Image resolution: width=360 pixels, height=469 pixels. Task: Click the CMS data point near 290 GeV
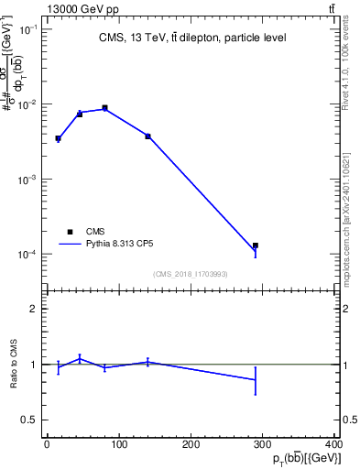tap(256, 245)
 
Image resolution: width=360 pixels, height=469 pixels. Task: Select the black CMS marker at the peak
tap(105, 108)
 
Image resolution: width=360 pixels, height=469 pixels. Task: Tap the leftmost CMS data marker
tap(58, 138)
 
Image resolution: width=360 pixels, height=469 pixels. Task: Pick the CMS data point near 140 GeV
tap(147, 136)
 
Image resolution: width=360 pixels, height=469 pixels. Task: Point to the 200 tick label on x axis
tap(191, 445)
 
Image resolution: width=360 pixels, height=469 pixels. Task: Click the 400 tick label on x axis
tap(334, 445)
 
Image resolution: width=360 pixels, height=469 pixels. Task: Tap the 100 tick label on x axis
tap(118, 445)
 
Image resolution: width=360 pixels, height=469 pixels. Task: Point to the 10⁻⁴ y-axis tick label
tap(27, 254)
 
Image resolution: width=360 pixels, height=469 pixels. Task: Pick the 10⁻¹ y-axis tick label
tap(27, 30)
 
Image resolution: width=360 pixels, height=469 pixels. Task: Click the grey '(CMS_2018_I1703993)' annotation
tap(191, 273)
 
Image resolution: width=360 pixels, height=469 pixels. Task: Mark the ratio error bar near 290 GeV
tap(256, 380)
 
